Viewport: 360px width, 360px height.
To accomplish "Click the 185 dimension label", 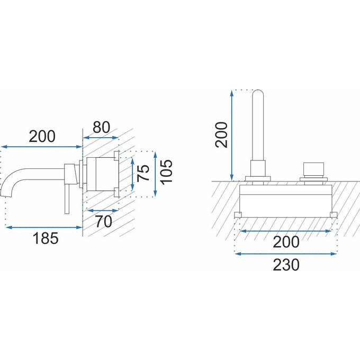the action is [x=46, y=238].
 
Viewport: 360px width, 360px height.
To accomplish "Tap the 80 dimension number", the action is [x=101, y=128].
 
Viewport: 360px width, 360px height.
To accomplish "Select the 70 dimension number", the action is [x=104, y=221].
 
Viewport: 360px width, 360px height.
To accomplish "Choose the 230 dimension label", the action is [x=286, y=265].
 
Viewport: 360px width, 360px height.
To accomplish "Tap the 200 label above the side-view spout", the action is [x=42, y=137].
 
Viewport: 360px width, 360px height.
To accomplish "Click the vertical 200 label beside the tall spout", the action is [x=221, y=135].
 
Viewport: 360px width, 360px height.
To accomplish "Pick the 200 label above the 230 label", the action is [x=286, y=242].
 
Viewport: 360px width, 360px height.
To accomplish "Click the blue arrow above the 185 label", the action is [x=44, y=227].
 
